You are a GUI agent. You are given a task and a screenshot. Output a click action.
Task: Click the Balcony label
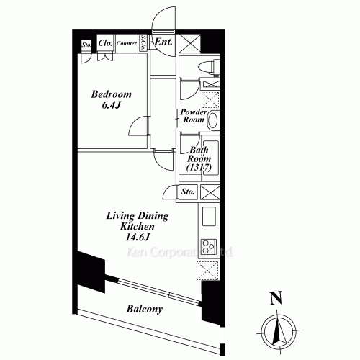145,310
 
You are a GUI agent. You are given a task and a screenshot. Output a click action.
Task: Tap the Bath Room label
198,157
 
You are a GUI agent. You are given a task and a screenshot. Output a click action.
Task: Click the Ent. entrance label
162,42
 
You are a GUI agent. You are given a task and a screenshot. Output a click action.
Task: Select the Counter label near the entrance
127,43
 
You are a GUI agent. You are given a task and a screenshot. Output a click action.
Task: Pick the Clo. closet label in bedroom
104,42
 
